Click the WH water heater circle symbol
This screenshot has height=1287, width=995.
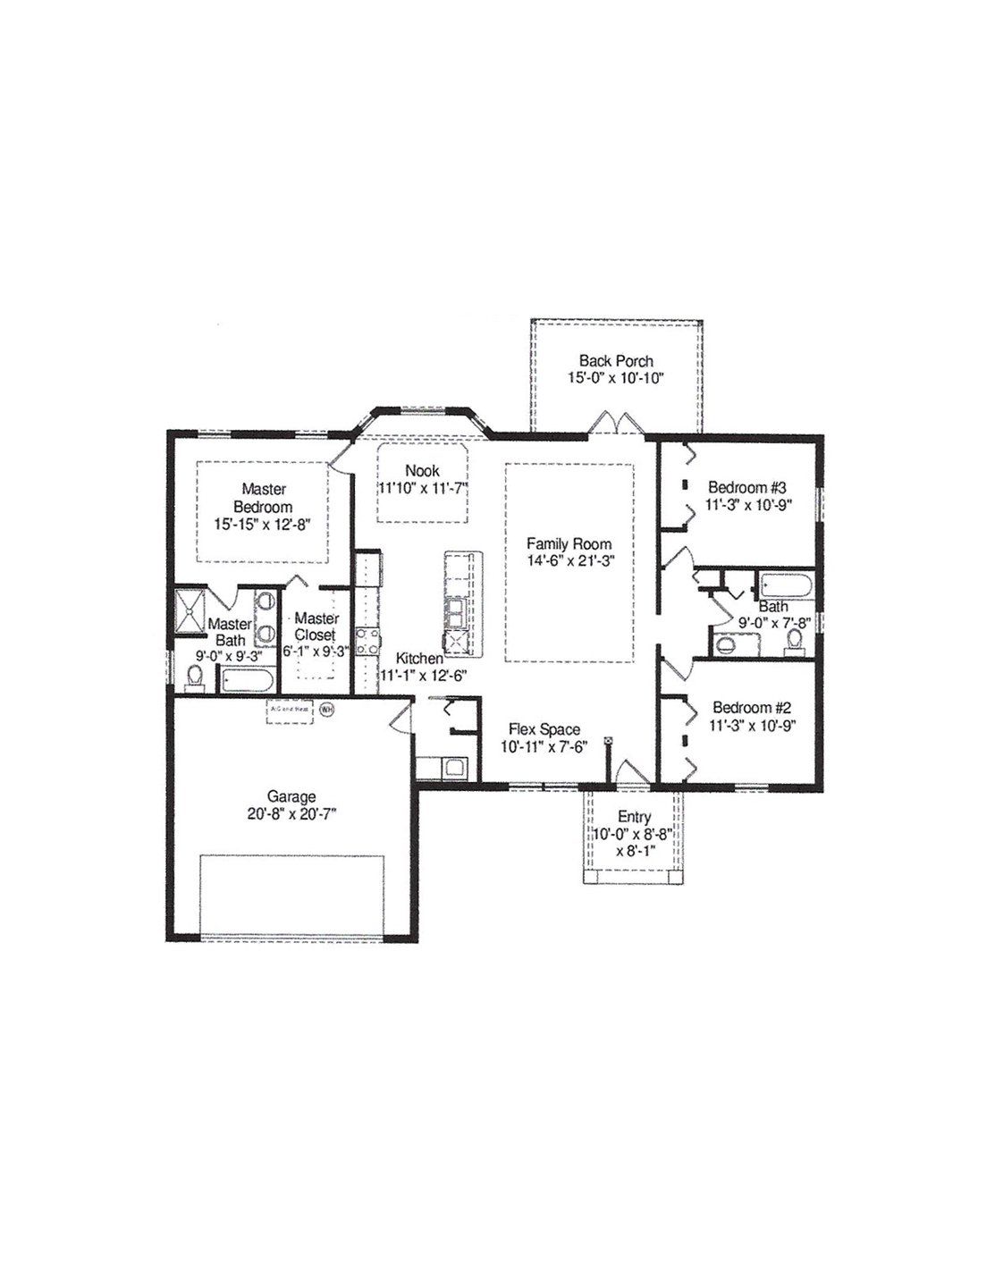[x=327, y=709]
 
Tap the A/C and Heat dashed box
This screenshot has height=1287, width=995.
[x=290, y=711]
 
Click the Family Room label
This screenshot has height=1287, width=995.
[x=569, y=543]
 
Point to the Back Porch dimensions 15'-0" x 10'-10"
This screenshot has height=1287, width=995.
[x=616, y=378]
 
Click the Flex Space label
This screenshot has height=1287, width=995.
[x=544, y=729]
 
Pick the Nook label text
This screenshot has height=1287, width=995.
[x=422, y=470]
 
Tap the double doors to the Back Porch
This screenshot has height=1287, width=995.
[x=616, y=423]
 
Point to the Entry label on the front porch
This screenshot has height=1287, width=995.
[x=634, y=817]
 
